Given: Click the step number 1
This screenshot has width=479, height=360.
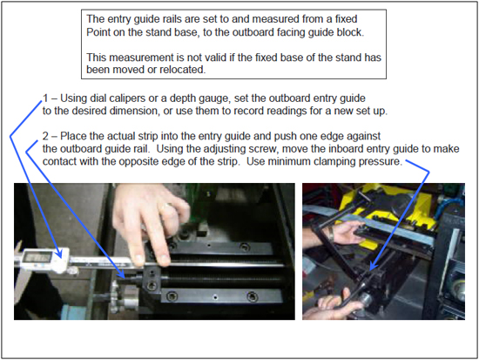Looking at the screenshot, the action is pyautogui.click(x=45, y=98).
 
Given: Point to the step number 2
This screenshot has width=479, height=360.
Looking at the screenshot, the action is pyautogui.click(x=45, y=136).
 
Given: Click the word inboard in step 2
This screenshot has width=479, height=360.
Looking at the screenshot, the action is pyautogui.click(x=346, y=149).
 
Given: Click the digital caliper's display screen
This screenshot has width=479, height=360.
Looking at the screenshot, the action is pyautogui.click(x=37, y=256).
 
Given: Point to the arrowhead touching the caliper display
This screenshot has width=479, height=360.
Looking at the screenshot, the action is pyautogui.click(x=59, y=254).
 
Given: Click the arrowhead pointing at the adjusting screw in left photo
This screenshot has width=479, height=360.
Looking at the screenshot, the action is pyautogui.click(x=121, y=274).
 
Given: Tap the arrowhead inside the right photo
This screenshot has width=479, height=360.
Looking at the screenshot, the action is pyautogui.click(x=373, y=266).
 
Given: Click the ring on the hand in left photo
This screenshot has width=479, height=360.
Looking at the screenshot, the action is pyautogui.click(x=165, y=206).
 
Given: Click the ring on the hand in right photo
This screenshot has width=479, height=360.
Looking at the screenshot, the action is pyautogui.click(x=332, y=233).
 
